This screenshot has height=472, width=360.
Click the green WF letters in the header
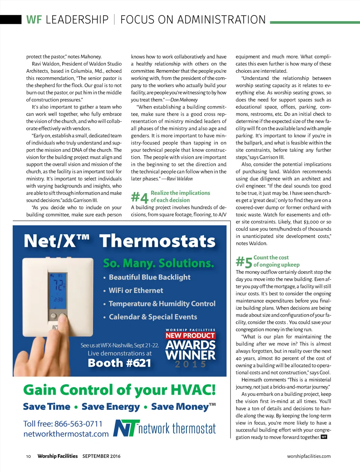point(34,20)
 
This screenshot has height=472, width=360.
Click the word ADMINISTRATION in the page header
point(221,20)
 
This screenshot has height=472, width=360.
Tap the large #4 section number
point(140,197)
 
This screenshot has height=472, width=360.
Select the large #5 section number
point(244,262)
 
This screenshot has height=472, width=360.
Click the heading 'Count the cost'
point(271,257)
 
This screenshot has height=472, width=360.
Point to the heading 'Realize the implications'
point(180,193)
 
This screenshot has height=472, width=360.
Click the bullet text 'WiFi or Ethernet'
point(136,290)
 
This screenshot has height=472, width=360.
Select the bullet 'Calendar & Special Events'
point(153,317)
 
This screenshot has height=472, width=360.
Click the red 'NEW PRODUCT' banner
point(190,335)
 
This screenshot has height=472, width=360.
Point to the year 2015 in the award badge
point(190,365)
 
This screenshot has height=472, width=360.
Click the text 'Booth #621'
point(119,363)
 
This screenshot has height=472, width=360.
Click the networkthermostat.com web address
point(66,434)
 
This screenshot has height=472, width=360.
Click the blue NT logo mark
point(126,428)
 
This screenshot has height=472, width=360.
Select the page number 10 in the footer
point(28,456)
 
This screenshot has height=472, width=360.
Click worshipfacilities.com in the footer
point(309,456)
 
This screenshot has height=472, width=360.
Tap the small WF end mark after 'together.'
point(324,437)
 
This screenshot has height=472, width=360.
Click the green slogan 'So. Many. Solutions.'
point(159,263)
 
